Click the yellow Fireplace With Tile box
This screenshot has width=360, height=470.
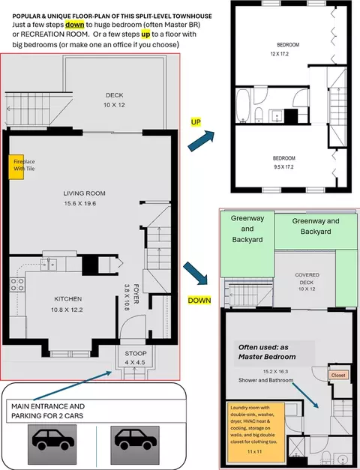(16, 167)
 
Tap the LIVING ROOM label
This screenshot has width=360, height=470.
(84, 193)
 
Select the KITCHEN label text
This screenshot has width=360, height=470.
(67, 299)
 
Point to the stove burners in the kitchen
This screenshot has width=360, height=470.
(17, 285)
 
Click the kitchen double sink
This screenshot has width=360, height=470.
(49, 265)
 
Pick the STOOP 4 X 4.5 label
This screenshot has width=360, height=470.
(136, 358)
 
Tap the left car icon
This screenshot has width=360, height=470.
(52, 445)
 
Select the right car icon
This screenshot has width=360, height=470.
(135, 445)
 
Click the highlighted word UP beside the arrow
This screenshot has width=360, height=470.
(196, 122)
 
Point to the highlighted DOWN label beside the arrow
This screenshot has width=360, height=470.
(199, 301)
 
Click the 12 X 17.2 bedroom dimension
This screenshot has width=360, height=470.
(279, 54)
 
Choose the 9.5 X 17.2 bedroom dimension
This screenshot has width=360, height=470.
(283, 167)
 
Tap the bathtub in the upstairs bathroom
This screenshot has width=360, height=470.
(243, 106)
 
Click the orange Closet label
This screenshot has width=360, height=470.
(338, 375)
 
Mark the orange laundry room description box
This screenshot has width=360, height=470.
(255, 433)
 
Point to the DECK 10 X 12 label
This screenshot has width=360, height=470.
(114, 100)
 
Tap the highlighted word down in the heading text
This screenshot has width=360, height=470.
(74, 24)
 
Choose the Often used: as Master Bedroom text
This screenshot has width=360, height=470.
(267, 352)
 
